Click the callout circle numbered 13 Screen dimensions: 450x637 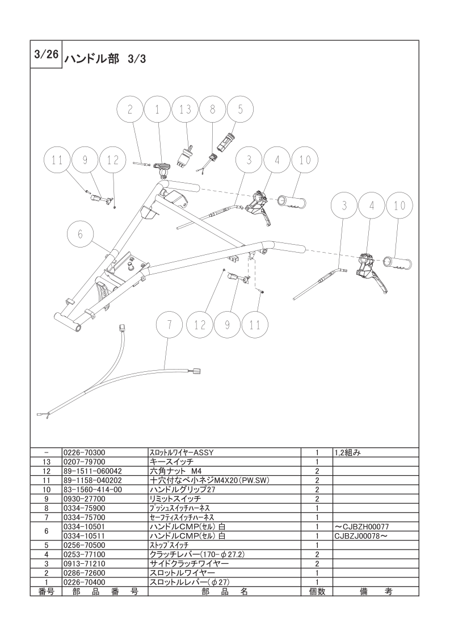point(185,110)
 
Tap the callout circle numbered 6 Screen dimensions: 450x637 point(80,234)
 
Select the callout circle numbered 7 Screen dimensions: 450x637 point(170,325)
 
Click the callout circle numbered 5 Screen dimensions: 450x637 point(240,110)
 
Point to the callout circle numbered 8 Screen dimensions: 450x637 point(212,110)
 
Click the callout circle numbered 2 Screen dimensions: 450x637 point(130,110)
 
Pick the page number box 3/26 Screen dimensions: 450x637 point(46,55)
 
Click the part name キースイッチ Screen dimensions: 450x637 point(172,462)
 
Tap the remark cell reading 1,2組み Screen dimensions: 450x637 point(348,452)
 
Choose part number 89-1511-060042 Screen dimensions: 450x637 point(92,471)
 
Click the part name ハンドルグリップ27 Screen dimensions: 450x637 point(182,489)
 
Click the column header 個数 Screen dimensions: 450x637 point(317,592)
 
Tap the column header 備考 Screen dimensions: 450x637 point(376,592)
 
